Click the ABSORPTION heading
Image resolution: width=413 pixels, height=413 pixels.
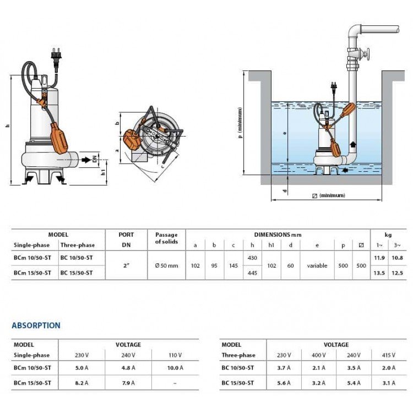point(36,325)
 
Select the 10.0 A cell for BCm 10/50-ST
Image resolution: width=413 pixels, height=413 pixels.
point(175,368)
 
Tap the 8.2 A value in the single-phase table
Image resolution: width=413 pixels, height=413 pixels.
point(81,383)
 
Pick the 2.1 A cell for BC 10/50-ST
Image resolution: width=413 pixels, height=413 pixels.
point(319,368)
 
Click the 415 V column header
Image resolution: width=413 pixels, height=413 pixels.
point(389,355)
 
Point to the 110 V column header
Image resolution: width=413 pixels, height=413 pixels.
point(175,355)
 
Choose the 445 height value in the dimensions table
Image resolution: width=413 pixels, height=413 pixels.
point(252,273)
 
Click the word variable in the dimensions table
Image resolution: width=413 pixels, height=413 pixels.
point(317,265)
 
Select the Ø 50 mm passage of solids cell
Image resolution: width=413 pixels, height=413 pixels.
point(166,265)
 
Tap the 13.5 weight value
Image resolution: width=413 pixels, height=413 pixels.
point(379,273)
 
